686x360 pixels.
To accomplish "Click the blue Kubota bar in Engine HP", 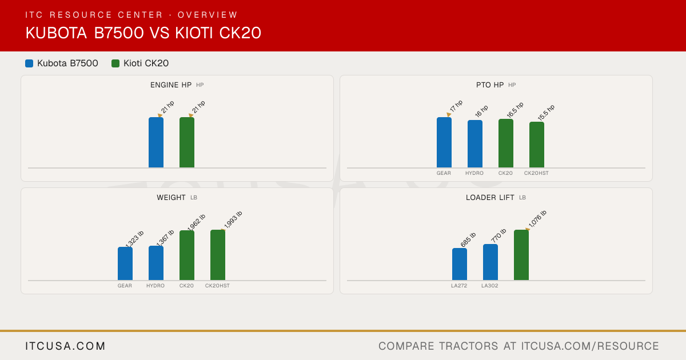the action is (x=156, y=142).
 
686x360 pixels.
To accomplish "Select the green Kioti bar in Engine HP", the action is (x=187, y=142).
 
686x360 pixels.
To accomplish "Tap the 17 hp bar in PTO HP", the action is (x=444, y=142).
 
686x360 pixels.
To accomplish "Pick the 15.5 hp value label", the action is (x=546, y=113).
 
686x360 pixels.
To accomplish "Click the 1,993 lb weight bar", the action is (x=218, y=255).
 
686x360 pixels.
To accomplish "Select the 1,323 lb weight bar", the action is (x=125, y=263).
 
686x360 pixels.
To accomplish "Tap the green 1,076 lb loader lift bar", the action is (x=521, y=255).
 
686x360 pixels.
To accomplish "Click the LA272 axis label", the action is (x=459, y=286).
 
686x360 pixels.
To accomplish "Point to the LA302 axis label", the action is (x=490, y=286).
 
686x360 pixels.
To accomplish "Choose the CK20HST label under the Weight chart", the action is (x=217, y=286).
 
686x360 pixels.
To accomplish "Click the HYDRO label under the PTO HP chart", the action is (x=474, y=173).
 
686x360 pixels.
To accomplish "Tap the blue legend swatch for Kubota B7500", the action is (x=29, y=63).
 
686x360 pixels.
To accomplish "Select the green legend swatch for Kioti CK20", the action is (x=115, y=63).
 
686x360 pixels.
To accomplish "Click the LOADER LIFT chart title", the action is (x=490, y=198).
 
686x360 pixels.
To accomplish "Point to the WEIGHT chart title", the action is (x=171, y=198).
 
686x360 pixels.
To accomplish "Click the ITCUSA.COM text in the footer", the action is (x=65, y=346).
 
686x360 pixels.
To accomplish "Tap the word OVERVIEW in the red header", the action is (x=208, y=15).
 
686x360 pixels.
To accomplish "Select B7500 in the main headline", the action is (x=119, y=33).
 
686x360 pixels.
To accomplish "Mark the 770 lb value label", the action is (x=498, y=235).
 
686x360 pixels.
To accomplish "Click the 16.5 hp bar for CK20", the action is (x=506, y=143).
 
